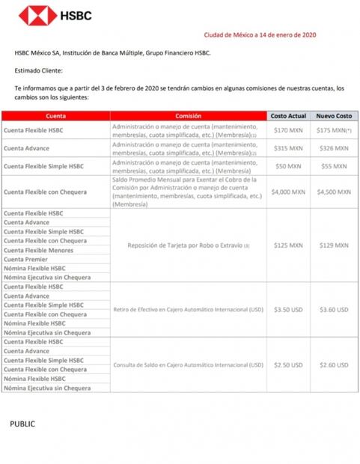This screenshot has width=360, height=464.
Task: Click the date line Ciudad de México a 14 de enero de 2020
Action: point(265,34)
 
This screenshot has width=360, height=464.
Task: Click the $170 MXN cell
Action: point(288,131)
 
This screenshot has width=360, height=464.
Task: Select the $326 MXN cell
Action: point(333,148)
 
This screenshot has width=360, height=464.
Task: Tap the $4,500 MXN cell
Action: point(333,191)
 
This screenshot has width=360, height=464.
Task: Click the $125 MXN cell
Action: point(288,245)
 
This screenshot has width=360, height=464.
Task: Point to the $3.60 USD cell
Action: point(333,309)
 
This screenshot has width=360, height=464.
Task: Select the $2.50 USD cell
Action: point(288,365)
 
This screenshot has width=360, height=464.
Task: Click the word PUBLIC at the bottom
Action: point(22,424)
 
